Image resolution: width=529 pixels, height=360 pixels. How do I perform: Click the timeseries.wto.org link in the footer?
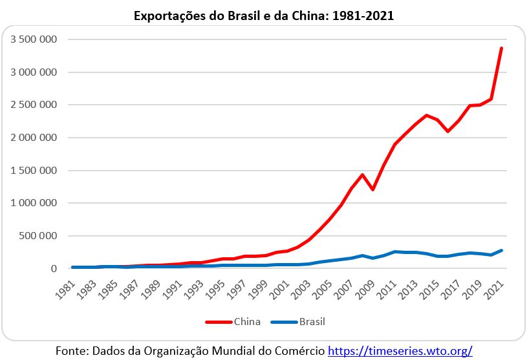(400, 351)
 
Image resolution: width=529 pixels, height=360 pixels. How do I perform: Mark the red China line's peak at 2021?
(501, 48)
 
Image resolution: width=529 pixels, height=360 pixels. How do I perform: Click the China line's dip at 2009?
(373, 189)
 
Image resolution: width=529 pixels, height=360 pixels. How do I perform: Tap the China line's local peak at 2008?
(363, 175)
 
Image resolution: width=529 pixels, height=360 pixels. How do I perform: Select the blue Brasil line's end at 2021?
(501, 250)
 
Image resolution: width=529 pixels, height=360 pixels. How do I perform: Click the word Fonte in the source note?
(70, 351)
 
